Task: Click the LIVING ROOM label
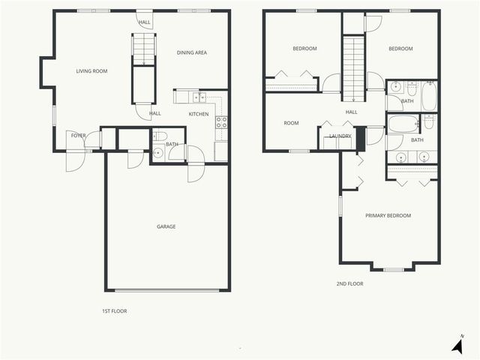point(91,71)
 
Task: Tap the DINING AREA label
point(191,52)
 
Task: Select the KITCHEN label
point(199,114)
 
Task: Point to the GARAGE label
point(166,226)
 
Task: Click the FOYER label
point(77,135)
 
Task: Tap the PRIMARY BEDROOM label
point(388,216)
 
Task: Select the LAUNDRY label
point(340,136)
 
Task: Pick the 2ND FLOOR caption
point(349,283)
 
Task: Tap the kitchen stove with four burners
point(221,121)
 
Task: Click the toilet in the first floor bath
point(158,136)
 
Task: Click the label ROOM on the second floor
point(291,123)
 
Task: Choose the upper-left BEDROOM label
point(304,49)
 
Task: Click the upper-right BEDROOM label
point(400,49)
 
